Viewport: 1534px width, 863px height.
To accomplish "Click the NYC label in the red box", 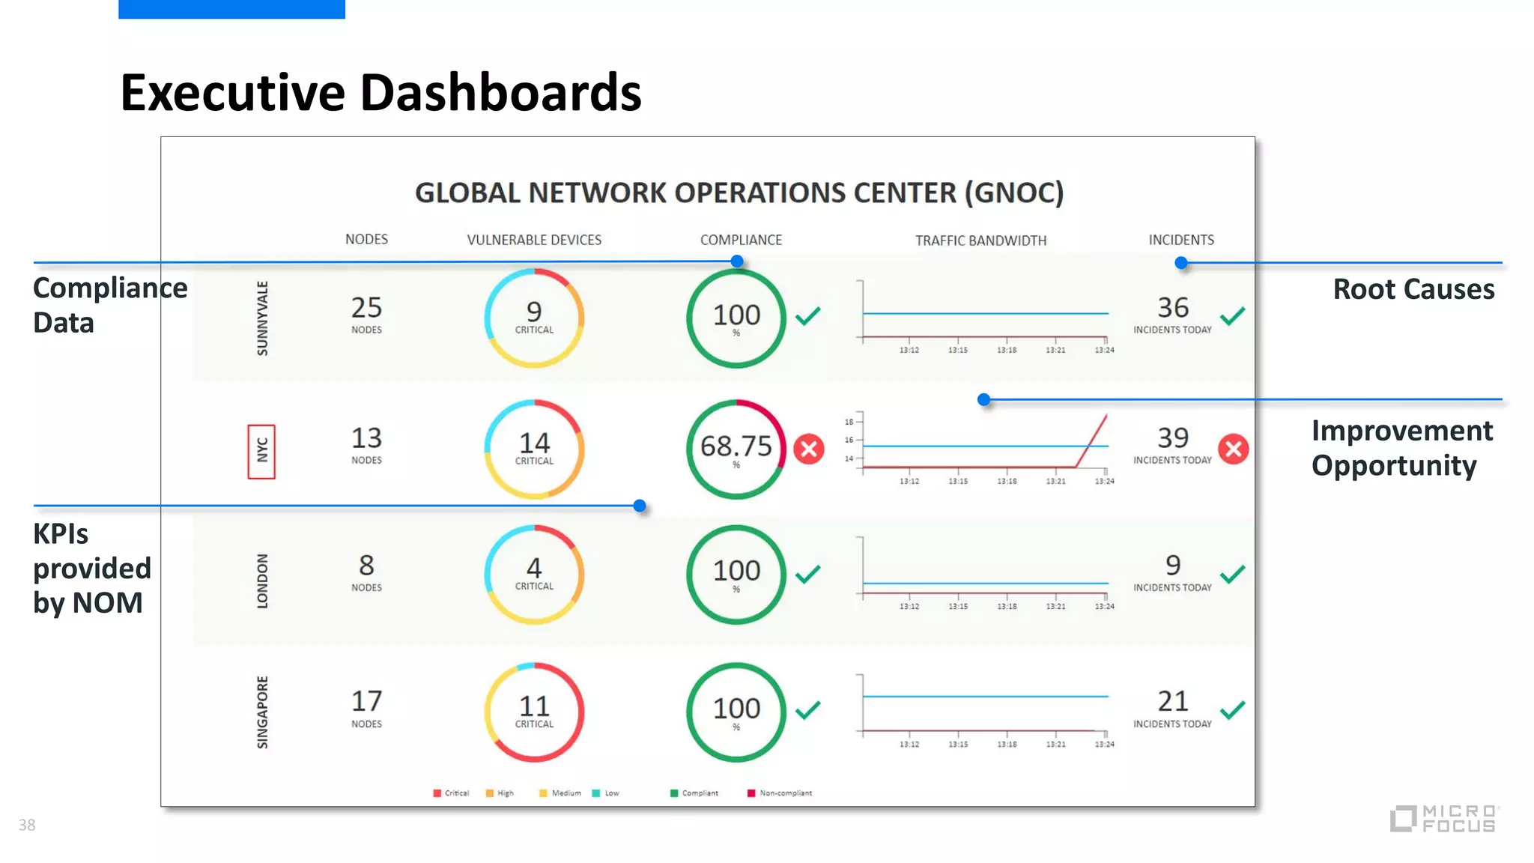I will coord(261,451).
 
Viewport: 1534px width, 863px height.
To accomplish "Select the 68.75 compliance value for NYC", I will coord(736,446).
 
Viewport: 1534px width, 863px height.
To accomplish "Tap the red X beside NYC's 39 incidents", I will coord(1233,449).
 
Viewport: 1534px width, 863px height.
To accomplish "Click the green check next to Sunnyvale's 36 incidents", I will coord(1232,316).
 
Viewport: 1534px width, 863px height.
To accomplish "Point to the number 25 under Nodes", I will coord(366,308).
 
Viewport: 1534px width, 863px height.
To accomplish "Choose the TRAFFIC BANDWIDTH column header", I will coord(980,240).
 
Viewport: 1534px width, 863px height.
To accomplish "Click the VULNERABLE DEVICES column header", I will coord(534,240).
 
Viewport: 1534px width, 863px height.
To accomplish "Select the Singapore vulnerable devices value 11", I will coord(534,706).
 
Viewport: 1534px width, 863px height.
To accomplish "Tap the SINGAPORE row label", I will coord(262,712).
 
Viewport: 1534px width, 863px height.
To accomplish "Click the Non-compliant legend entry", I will coord(784,793).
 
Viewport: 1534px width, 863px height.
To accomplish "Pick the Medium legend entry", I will coord(566,793).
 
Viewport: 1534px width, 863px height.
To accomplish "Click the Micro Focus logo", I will coord(1444,818).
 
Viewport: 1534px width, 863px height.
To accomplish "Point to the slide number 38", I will coord(27,825).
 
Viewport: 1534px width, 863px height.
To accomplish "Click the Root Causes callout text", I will coord(1413,289).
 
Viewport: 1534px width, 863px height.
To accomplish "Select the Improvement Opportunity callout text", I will coord(1401,448).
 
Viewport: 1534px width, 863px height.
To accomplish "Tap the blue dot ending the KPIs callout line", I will coord(640,506).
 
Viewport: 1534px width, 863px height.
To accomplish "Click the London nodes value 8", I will coord(366,565).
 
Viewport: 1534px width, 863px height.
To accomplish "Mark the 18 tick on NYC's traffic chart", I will coord(849,422).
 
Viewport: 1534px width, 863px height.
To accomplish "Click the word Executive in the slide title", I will coord(233,93).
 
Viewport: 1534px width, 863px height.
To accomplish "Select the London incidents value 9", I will coord(1172,565).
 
